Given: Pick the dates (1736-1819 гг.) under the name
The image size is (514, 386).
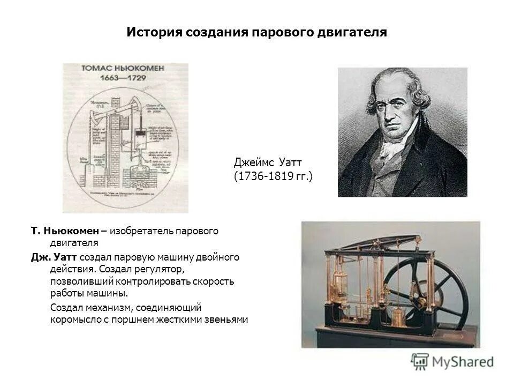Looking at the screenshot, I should point(273,176).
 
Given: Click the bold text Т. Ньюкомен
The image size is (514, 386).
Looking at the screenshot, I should point(65,231).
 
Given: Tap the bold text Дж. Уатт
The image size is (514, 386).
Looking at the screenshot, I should point(54,257).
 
